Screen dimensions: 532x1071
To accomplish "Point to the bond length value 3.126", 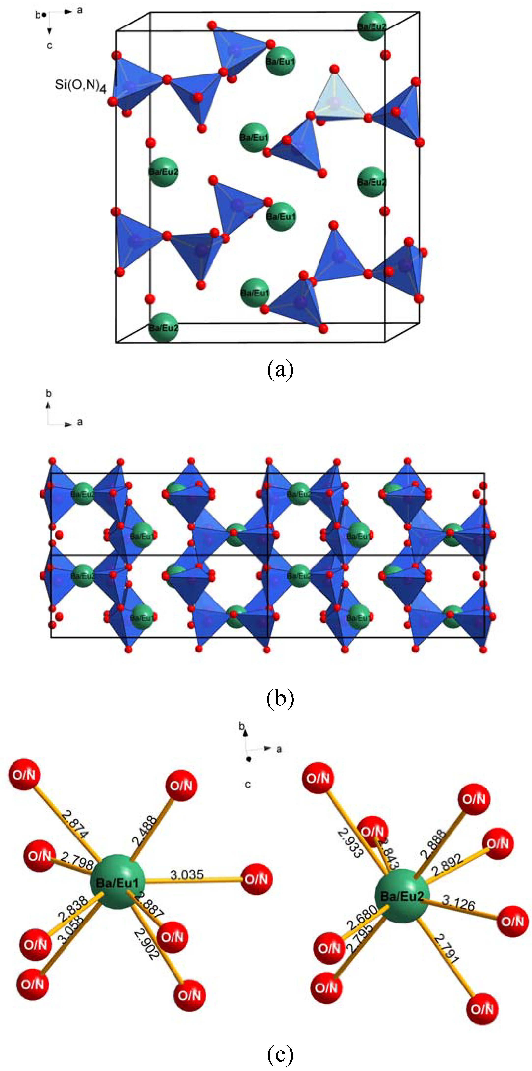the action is click(x=458, y=903).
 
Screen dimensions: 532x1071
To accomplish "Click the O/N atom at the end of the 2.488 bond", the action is click(x=182, y=785).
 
